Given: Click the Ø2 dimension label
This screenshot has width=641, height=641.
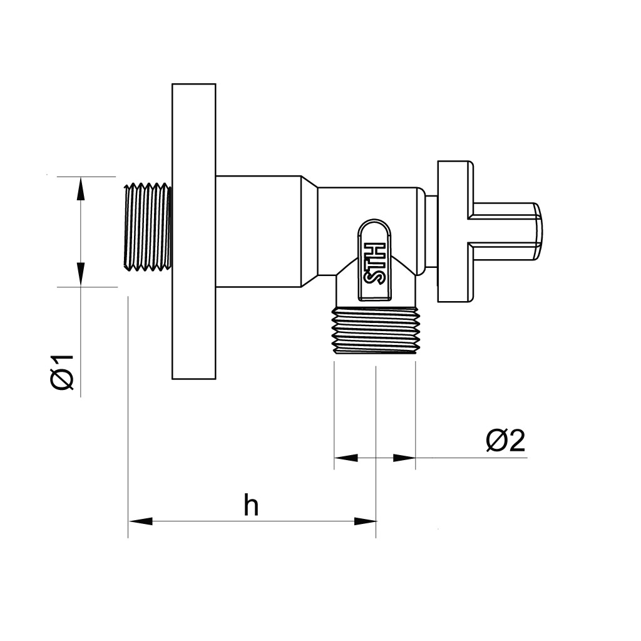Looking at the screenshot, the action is [505, 441].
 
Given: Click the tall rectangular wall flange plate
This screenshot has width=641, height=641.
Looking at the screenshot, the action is [194, 232].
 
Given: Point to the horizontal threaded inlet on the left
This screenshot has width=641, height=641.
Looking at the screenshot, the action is [148, 227].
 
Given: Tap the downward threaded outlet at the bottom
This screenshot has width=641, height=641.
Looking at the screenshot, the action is [376, 331].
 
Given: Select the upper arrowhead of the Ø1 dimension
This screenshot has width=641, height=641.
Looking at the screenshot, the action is [81, 188].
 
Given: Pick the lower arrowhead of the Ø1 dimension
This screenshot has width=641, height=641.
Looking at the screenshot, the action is [81, 274].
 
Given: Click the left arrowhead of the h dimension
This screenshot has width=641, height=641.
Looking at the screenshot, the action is [141, 521].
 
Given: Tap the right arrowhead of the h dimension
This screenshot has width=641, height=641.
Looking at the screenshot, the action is [365, 521].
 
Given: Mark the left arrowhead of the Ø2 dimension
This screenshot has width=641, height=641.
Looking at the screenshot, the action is [346, 458].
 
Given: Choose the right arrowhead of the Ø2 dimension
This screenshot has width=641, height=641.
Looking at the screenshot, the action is [404, 458].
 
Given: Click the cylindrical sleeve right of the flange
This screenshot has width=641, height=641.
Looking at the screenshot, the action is [259, 232].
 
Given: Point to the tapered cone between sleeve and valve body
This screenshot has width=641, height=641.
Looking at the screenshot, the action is [309, 232].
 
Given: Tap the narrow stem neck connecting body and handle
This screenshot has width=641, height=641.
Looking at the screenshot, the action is [431, 232].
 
